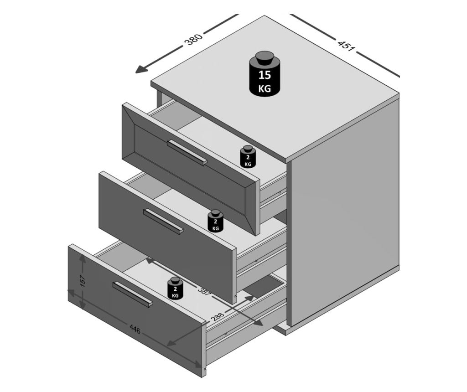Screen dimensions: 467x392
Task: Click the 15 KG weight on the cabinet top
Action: [265, 74]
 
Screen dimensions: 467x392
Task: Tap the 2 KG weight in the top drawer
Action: [248, 157]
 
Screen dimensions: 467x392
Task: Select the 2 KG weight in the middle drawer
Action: [215, 221]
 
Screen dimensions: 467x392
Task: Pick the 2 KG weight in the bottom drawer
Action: [175, 289]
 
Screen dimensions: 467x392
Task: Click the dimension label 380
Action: [193, 39]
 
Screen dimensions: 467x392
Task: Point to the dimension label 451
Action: [347, 45]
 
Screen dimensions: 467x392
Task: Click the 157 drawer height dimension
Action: [83, 281]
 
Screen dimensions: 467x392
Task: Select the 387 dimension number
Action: [205, 291]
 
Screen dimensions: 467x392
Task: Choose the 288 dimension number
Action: [217, 315]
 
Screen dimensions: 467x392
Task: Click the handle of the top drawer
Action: [187, 153]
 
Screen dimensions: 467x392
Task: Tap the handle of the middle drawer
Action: [164, 222]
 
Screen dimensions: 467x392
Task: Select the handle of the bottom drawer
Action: [133, 294]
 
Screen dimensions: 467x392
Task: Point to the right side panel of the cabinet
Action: [345, 213]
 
